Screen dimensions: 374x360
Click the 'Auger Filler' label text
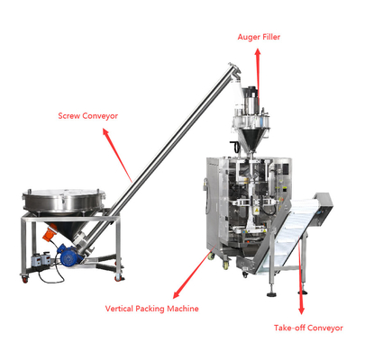tap(259, 37)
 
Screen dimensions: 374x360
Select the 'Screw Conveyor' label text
tap(87, 116)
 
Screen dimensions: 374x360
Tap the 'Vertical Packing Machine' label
tap(151, 309)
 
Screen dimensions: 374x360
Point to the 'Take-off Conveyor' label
tap(308, 328)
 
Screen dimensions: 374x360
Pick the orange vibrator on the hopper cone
tap(49, 232)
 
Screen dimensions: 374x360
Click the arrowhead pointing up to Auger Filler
tap(258, 53)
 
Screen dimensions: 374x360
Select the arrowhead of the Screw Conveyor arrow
tap(105, 132)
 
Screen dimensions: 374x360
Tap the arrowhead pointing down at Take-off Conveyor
tap(301, 310)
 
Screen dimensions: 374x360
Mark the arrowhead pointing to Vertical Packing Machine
tap(177, 294)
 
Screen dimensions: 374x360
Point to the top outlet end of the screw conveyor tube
tap(234, 68)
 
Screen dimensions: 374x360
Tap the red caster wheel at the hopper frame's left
tap(24, 280)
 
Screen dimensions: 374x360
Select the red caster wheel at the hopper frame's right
tap(119, 278)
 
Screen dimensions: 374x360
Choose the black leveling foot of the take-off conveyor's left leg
tap(271, 294)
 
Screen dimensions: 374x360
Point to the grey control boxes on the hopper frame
tap(42, 258)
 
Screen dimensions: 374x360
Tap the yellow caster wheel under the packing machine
tap(225, 265)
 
